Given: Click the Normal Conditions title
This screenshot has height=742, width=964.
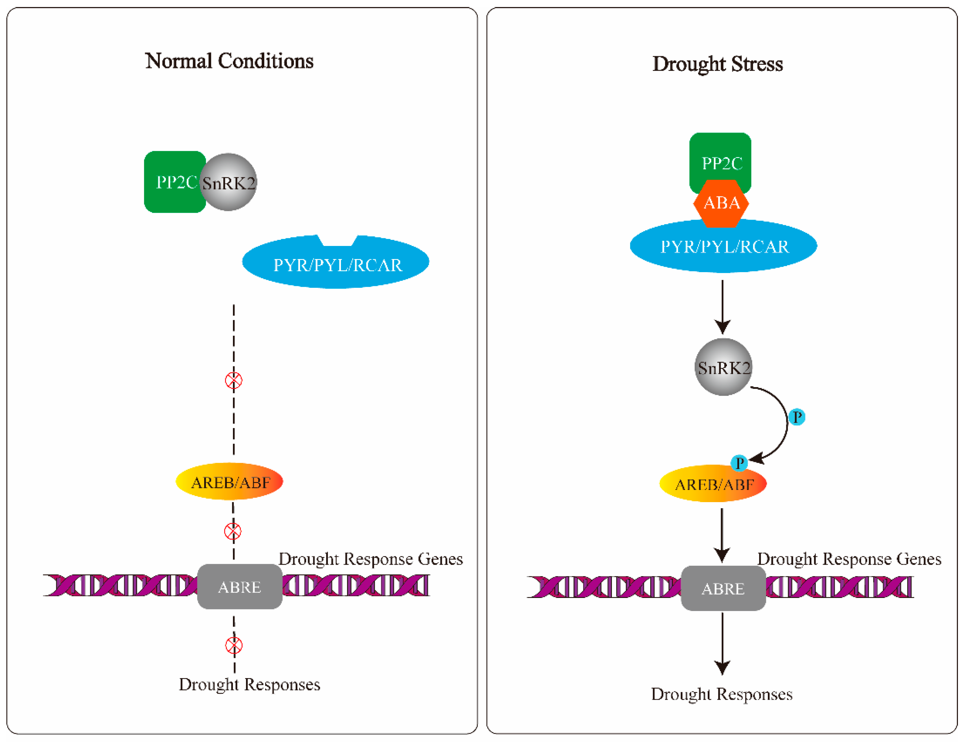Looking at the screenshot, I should point(229,61).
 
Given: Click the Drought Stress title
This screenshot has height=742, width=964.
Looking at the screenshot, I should point(717,64).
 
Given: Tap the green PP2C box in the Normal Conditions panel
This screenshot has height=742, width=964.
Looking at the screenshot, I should point(172,182).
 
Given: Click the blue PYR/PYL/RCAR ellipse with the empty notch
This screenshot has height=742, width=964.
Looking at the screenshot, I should point(335,265).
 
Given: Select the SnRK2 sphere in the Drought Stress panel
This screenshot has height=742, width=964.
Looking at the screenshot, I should point(723,367).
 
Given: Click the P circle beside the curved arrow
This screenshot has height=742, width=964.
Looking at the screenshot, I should point(797,417).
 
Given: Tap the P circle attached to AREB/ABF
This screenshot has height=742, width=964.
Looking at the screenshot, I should point(739,463).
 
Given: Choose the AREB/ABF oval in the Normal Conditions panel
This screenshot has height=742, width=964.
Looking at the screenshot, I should point(229,482).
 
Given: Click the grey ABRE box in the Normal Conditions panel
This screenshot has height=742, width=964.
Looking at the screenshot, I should point(240,587).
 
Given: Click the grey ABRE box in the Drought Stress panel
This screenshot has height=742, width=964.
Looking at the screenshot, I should point(723,588).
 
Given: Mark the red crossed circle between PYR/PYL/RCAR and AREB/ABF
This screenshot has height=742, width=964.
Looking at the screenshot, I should point(234,380).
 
